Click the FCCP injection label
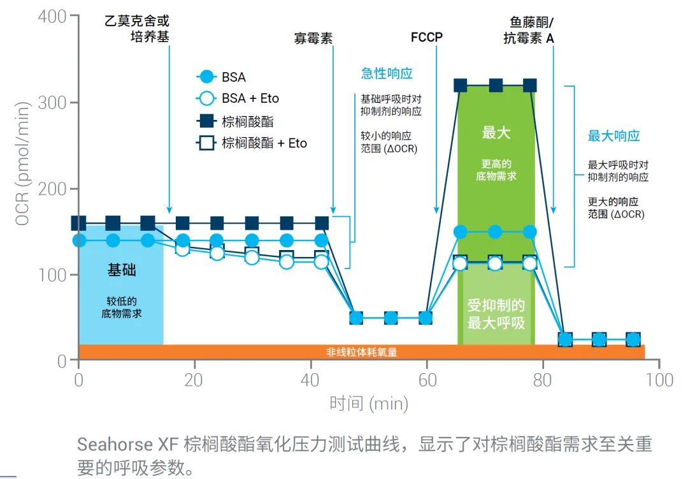[427, 38]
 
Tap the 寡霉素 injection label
[313, 38]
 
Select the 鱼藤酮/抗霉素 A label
[528, 30]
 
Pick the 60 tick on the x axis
[427, 380]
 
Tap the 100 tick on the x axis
[659, 380]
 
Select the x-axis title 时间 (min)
[368, 403]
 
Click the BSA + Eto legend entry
[250, 98]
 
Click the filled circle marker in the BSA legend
[206, 77]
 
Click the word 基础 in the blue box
[121, 270]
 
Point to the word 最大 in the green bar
[496, 133]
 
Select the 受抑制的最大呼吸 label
[496, 314]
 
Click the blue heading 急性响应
[387, 73]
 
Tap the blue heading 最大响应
[613, 135]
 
